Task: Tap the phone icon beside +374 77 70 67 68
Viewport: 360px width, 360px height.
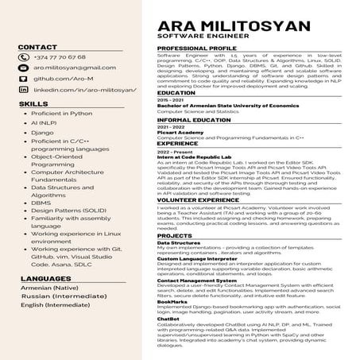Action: click(24, 57)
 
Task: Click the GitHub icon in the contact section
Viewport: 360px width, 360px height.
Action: click(24, 79)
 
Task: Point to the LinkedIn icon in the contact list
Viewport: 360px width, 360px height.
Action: click(24, 91)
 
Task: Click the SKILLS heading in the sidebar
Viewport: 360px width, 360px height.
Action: click(33, 104)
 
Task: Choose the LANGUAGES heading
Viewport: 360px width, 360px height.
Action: click(45, 279)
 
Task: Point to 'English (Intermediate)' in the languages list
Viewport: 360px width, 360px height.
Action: click(56, 304)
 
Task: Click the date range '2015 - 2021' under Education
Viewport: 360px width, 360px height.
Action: click(169, 99)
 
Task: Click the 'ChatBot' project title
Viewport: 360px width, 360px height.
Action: click(168, 319)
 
